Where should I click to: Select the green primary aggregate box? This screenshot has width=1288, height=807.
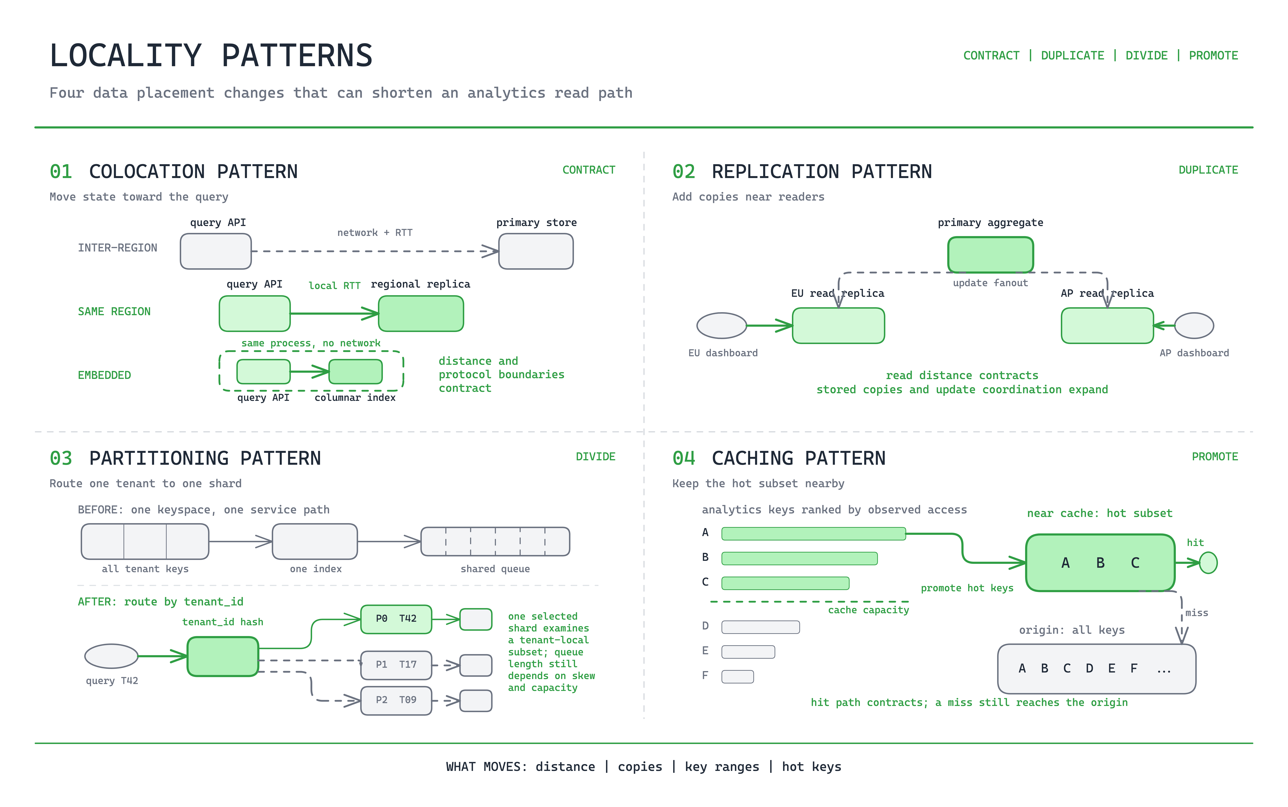(x=990, y=255)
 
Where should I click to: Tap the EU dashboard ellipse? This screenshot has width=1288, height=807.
(x=721, y=326)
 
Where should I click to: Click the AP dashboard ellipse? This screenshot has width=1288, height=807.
(x=1194, y=326)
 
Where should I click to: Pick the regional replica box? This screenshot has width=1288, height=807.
(x=421, y=314)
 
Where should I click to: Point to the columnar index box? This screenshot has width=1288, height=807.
(x=355, y=371)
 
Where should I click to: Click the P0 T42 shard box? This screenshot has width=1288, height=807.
(x=396, y=619)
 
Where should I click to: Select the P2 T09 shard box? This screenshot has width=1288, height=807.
(x=396, y=700)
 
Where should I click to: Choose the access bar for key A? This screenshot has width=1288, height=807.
(x=814, y=534)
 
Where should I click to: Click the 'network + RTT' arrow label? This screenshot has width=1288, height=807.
(x=375, y=233)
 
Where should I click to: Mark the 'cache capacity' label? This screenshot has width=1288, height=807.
(x=868, y=610)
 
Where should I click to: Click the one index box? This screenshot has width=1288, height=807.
(x=315, y=542)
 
